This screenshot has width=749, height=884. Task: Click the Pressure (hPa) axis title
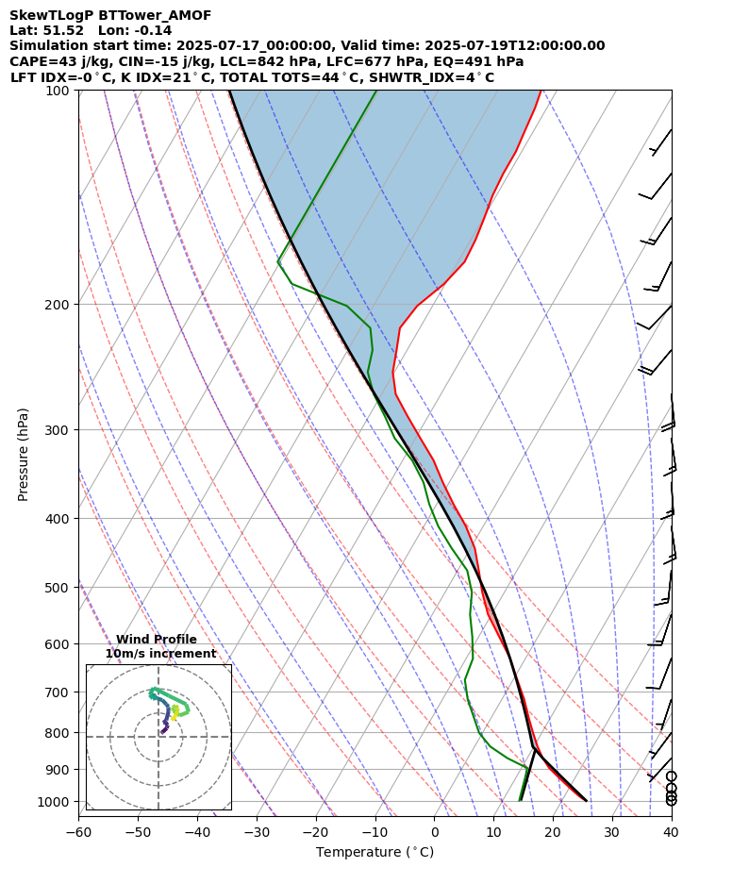(24, 454)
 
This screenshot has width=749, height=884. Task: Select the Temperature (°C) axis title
(374, 853)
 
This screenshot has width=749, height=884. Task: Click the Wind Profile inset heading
(157, 640)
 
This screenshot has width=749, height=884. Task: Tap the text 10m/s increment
(160, 654)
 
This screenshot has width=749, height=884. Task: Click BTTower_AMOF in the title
(155, 16)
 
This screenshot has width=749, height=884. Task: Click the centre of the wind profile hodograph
(158, 737)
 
